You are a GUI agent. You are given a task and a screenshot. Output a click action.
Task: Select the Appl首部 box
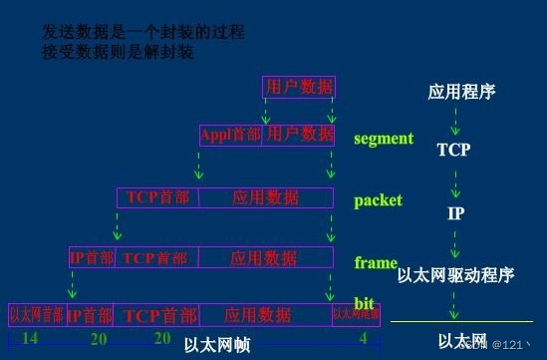click(230, 134)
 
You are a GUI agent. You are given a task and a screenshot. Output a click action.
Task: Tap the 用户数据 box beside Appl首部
click(299, 134)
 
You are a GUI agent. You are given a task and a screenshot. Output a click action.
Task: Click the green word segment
click(384, 139)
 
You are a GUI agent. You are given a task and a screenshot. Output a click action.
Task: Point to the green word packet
click(379, 200)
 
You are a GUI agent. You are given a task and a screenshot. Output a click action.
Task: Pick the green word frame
click(376, 263)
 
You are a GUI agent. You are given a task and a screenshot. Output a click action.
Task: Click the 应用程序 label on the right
click(461, 93)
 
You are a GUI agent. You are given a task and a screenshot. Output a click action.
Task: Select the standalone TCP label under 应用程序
click(453, 151)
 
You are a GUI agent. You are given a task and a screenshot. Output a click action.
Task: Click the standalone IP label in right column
click(454, 213)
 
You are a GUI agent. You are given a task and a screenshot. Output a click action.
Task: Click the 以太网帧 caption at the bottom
click(216, 346)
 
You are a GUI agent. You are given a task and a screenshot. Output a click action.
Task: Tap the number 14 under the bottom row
click(29, 339)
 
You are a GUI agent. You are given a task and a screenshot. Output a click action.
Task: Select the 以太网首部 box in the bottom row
click(36, 314)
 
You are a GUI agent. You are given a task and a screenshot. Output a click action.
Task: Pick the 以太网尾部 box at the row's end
click(356, 314)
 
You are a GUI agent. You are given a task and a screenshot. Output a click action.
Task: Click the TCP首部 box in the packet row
click(157, 197)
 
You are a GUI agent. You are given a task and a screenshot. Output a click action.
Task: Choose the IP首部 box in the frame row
click(91, 258)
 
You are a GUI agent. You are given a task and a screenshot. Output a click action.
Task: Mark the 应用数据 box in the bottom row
click(258, 315)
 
